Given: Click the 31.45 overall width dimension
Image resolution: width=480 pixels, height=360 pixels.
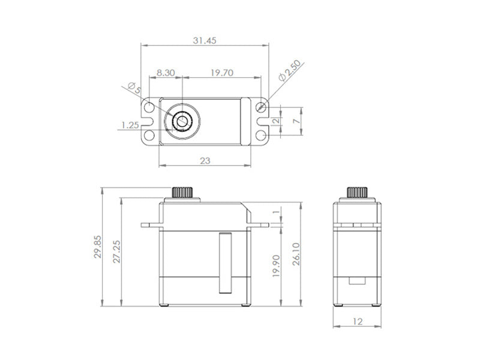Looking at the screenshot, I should [x=205, y=41].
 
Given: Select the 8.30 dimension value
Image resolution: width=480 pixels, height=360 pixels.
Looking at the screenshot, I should [x=166, y=72].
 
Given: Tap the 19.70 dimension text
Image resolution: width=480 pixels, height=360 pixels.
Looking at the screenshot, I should [x=222, y=72].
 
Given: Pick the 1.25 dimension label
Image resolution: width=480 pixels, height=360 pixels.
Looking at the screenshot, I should [x=130, y=125].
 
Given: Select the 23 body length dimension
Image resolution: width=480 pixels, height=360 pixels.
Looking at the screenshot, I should [x=205, y=161].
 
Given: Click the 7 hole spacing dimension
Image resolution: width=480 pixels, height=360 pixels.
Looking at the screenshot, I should [x=295, y=121].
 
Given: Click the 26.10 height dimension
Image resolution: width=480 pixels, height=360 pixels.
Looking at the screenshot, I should [x=295, y=254].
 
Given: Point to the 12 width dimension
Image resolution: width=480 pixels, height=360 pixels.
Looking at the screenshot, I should [x=358, y=321].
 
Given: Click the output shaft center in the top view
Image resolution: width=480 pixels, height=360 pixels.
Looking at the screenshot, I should [x=181, y=122].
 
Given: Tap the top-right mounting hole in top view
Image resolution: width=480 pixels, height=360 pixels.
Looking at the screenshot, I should [x=260, y=107].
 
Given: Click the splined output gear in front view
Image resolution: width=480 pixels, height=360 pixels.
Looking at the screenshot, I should [x=182, y=193].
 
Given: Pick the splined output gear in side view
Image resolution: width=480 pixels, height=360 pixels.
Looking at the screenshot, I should [x=357, y=193].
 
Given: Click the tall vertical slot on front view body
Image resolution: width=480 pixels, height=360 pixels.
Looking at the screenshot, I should [x=225, y=262].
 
